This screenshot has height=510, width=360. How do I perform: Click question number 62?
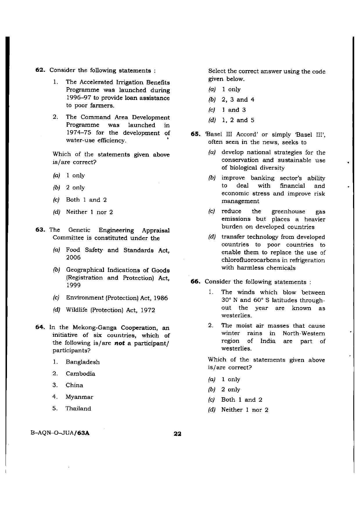point(39,70)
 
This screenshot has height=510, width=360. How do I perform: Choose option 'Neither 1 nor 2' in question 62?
point(89,212)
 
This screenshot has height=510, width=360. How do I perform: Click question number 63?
point(39,230)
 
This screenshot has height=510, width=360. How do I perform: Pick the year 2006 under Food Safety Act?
point(73,258)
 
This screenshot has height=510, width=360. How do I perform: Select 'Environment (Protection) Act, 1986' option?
point(117,298)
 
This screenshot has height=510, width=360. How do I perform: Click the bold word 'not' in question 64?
point(119,343)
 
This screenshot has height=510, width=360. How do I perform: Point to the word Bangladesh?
point(83,362)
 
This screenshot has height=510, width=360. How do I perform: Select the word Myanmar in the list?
point(79,397)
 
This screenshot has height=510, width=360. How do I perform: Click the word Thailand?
point(78,409)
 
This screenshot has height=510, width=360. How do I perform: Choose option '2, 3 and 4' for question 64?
point(238,100)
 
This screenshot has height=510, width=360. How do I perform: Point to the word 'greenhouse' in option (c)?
point(288,212)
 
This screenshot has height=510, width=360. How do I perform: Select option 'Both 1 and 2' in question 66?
point(242,400)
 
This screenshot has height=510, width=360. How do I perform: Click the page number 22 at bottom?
point(177,434)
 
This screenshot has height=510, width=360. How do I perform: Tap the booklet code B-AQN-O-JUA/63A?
point(60,433)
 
